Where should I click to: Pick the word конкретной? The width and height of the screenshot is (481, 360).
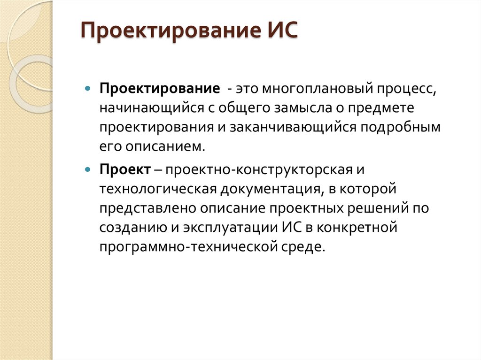point(357,228)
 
